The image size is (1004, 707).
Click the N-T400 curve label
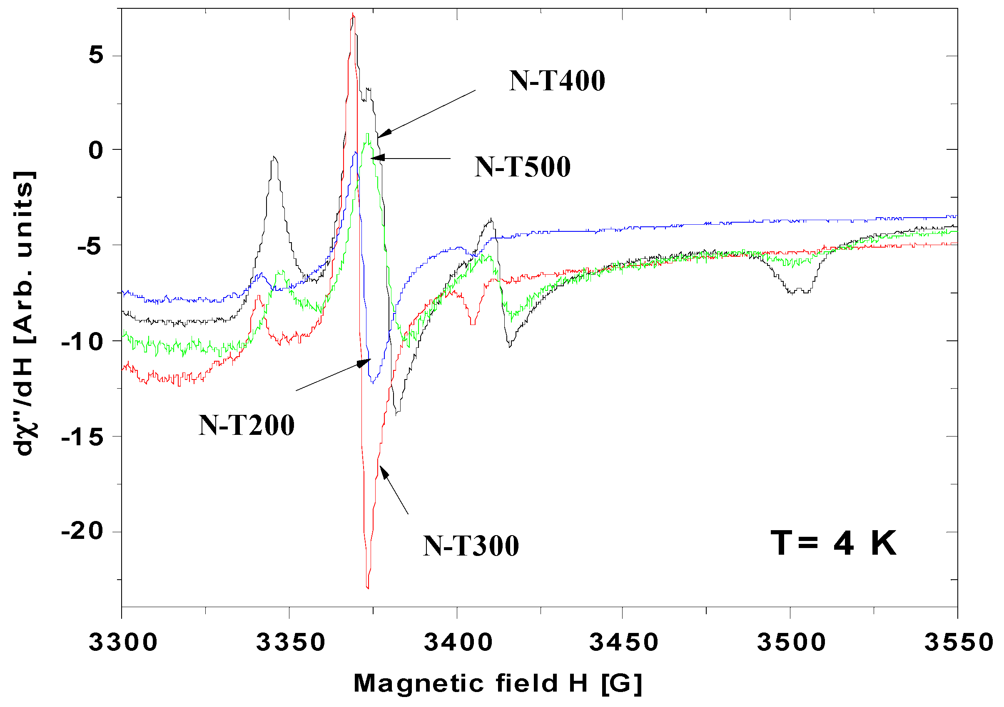[x=557, y=81]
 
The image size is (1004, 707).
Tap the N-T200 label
[x=247, y=425]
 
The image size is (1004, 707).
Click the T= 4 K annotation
[x=833, y=543]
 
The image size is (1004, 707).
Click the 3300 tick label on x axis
[x=123, y=643]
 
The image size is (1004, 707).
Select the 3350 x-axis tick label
[x=290, y=643]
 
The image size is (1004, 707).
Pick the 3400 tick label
[x=458, y=643]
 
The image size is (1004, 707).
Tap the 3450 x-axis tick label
[x=623, y=643]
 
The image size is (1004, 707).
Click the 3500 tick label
[x=791, y=643]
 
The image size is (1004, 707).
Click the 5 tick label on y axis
[x=96, y=55]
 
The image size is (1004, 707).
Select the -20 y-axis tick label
[x=82, y=532]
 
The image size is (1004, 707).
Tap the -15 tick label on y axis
[x=82, y=437]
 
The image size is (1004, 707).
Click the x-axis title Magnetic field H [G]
[x=498, y=683]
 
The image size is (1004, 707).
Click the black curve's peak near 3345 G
[x=274, y=157]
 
